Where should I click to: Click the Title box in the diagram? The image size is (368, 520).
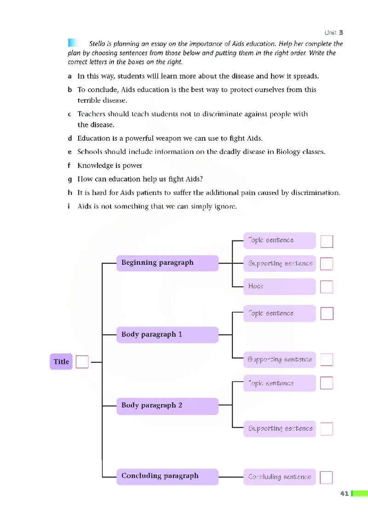[61, 362]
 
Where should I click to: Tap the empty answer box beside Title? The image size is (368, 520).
[82, 362]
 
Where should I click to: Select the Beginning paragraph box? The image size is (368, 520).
[167, 263]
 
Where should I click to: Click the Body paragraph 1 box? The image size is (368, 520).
[167, 335]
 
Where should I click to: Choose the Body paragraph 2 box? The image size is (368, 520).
[167, 406]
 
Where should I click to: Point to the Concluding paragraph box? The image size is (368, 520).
[167, 476]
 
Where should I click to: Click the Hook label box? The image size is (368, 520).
[280, 286]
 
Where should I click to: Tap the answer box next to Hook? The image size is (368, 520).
[327, 287]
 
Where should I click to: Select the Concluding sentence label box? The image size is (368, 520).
[280, 477]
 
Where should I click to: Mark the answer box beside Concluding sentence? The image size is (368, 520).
[326, 477]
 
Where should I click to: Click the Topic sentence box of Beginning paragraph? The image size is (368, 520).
[280, 240]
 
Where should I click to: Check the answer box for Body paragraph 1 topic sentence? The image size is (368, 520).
[327, 314]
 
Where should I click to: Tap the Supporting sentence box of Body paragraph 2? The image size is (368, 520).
[280, 429]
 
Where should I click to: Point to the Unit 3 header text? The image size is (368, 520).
[333, 33]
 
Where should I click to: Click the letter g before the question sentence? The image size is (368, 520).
[69, 179]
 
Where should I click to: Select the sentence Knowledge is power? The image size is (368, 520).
[109, 166]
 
